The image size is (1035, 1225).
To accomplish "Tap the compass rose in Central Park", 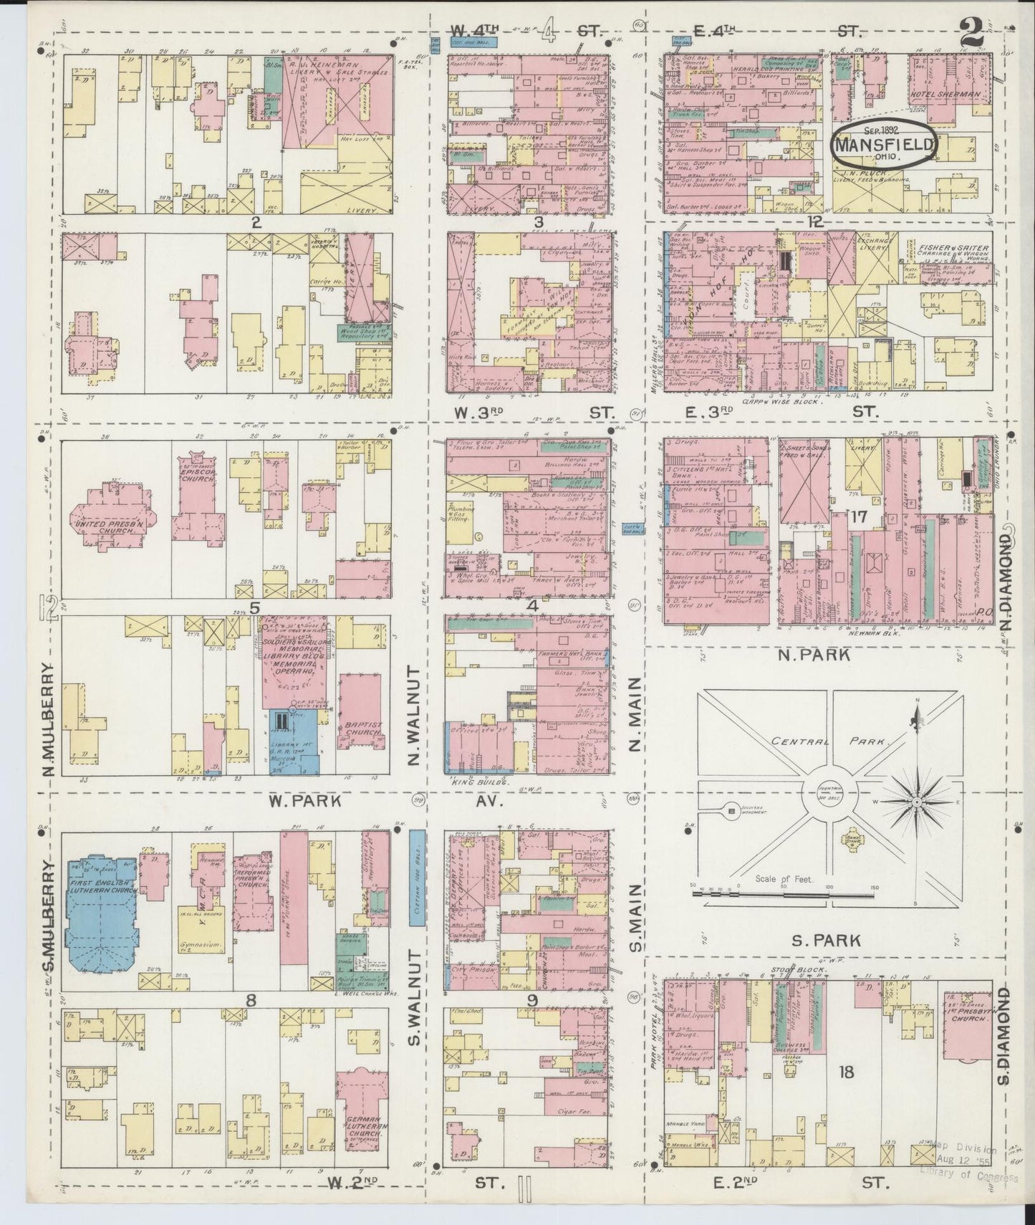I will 916,802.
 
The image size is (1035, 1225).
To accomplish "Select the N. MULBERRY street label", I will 49,719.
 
